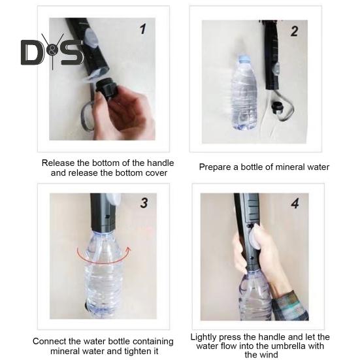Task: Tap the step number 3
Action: tap(144, 203)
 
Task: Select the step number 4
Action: tap(294, 204)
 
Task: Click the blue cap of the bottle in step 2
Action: tap(244, 59)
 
